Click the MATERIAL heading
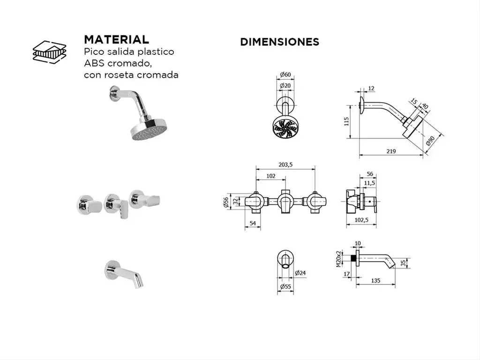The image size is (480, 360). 116,39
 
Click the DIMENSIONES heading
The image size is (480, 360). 279,42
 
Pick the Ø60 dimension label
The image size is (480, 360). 285,75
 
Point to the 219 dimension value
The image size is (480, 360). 391,151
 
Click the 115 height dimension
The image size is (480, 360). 346,121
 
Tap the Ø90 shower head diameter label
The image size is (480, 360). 430,141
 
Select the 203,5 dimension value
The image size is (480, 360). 285,165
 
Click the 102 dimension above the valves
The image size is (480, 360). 270,176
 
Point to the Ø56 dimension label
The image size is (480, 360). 225,202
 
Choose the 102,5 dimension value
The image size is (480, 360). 361,220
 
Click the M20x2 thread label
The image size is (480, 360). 338,259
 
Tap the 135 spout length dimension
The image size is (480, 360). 375,281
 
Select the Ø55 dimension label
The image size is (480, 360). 285,286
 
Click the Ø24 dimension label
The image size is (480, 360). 300,273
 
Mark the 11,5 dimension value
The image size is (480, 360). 369,183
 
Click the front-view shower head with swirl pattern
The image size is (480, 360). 285,127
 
